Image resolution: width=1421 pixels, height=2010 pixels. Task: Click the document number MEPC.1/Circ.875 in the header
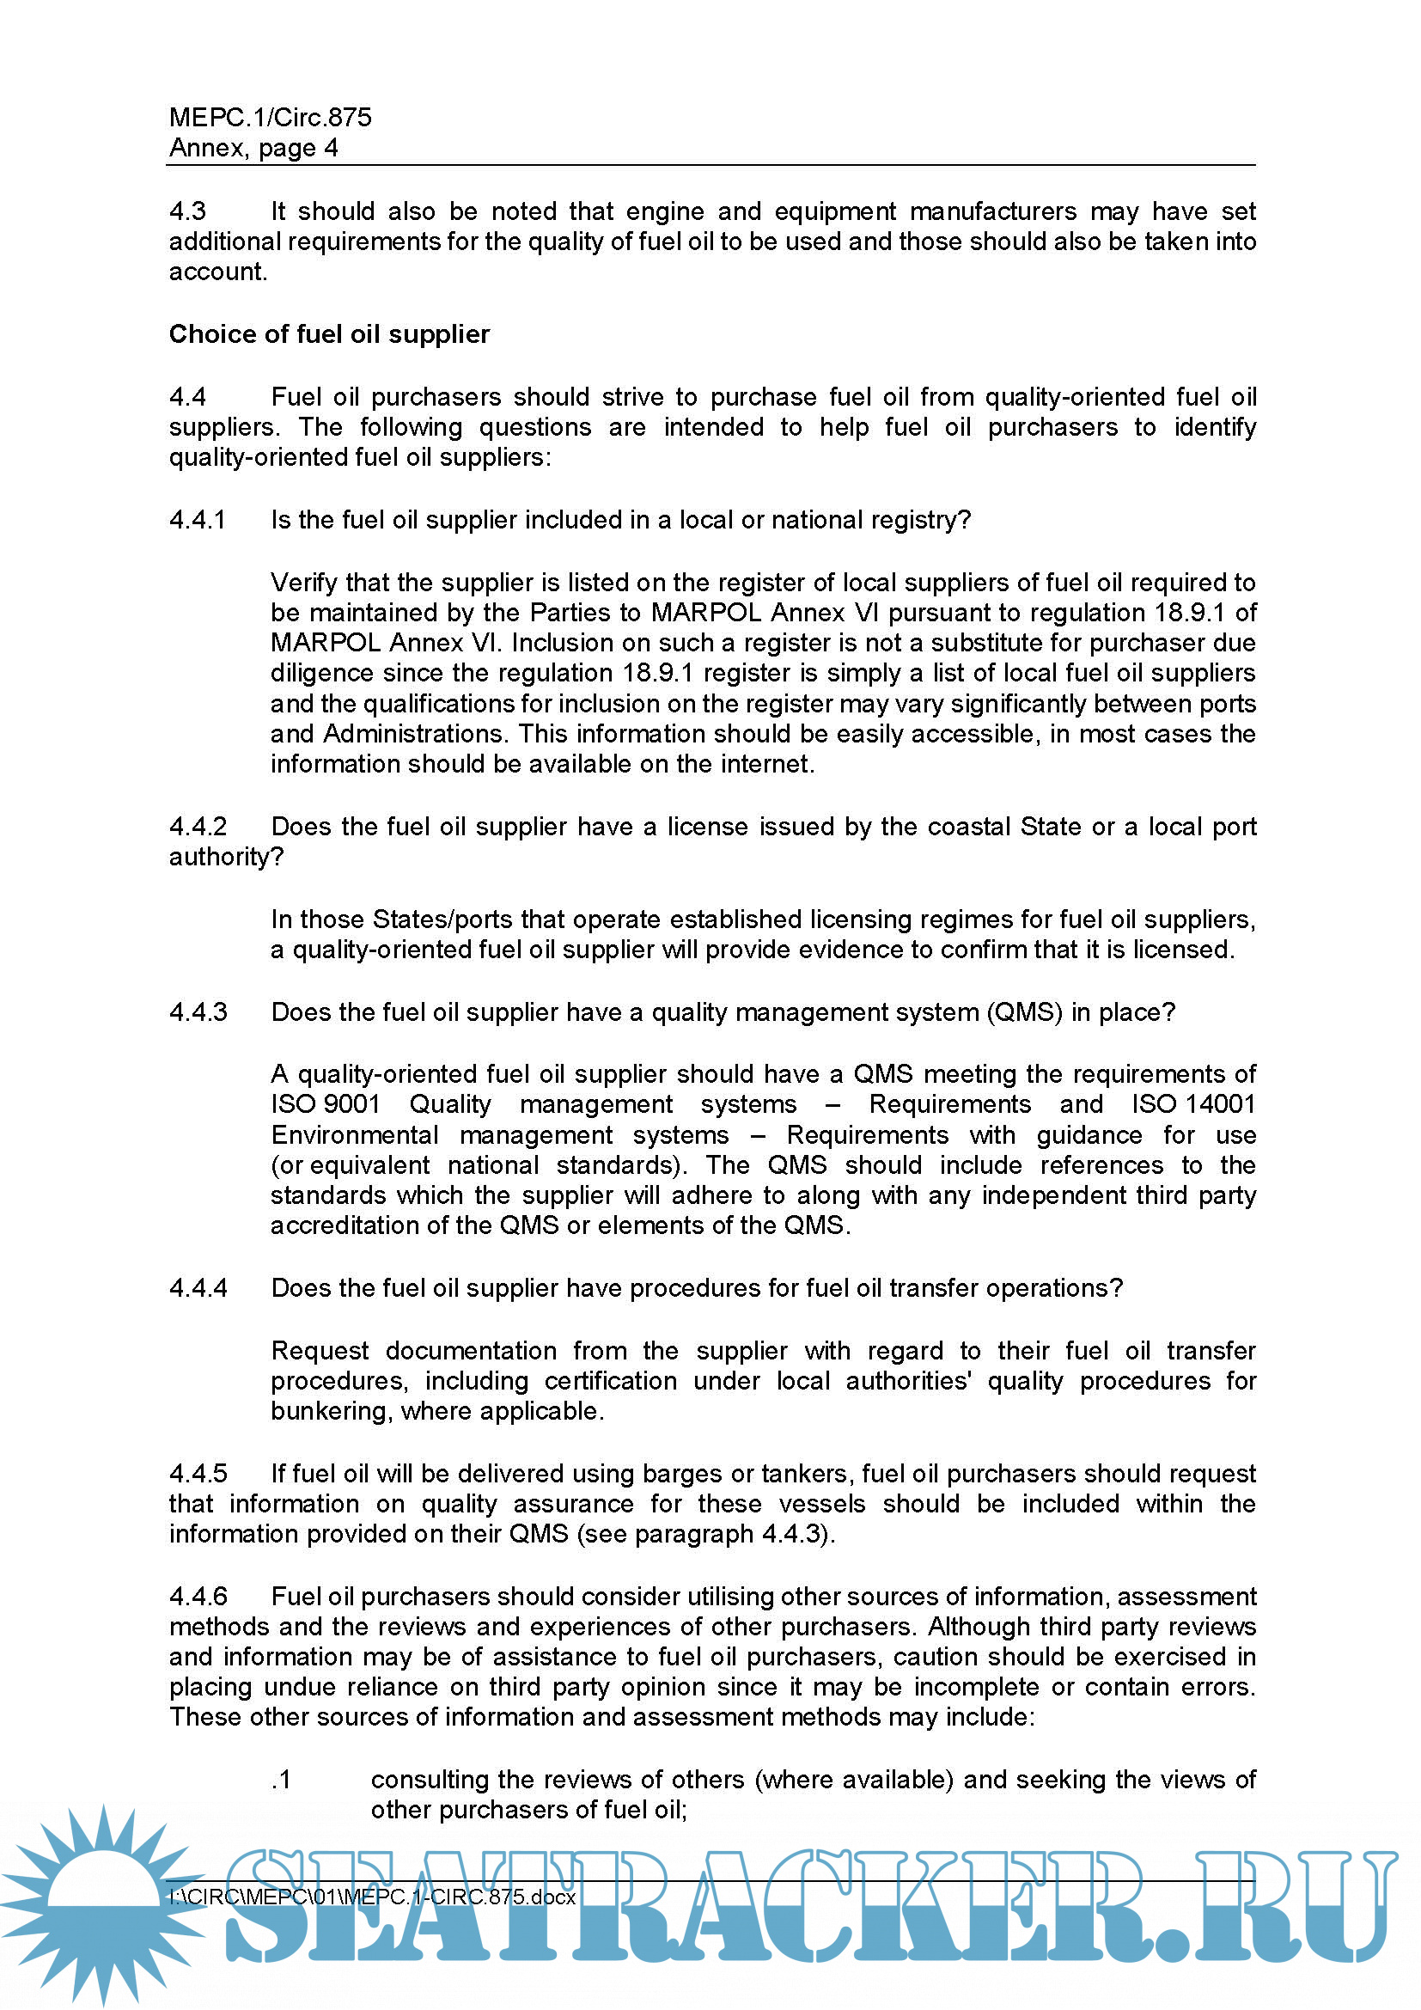[270, 118]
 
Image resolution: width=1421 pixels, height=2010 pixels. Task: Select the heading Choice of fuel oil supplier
[329, 334]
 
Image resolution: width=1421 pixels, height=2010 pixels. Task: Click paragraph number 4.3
[187, 212]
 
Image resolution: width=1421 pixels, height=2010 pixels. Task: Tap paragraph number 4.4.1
[197, 520]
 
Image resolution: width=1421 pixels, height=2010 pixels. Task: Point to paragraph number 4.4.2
[198, 827]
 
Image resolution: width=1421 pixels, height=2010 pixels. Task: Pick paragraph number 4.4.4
[198, 1288]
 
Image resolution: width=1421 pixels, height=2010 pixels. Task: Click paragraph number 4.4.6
[198, 1596]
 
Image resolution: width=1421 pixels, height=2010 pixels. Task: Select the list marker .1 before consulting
[281, 1780]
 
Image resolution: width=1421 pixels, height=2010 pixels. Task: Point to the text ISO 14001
[1193, 1105]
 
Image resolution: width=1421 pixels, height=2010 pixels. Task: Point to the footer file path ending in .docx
[373, 1897]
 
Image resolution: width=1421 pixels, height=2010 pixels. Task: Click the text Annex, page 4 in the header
[253, 148]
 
